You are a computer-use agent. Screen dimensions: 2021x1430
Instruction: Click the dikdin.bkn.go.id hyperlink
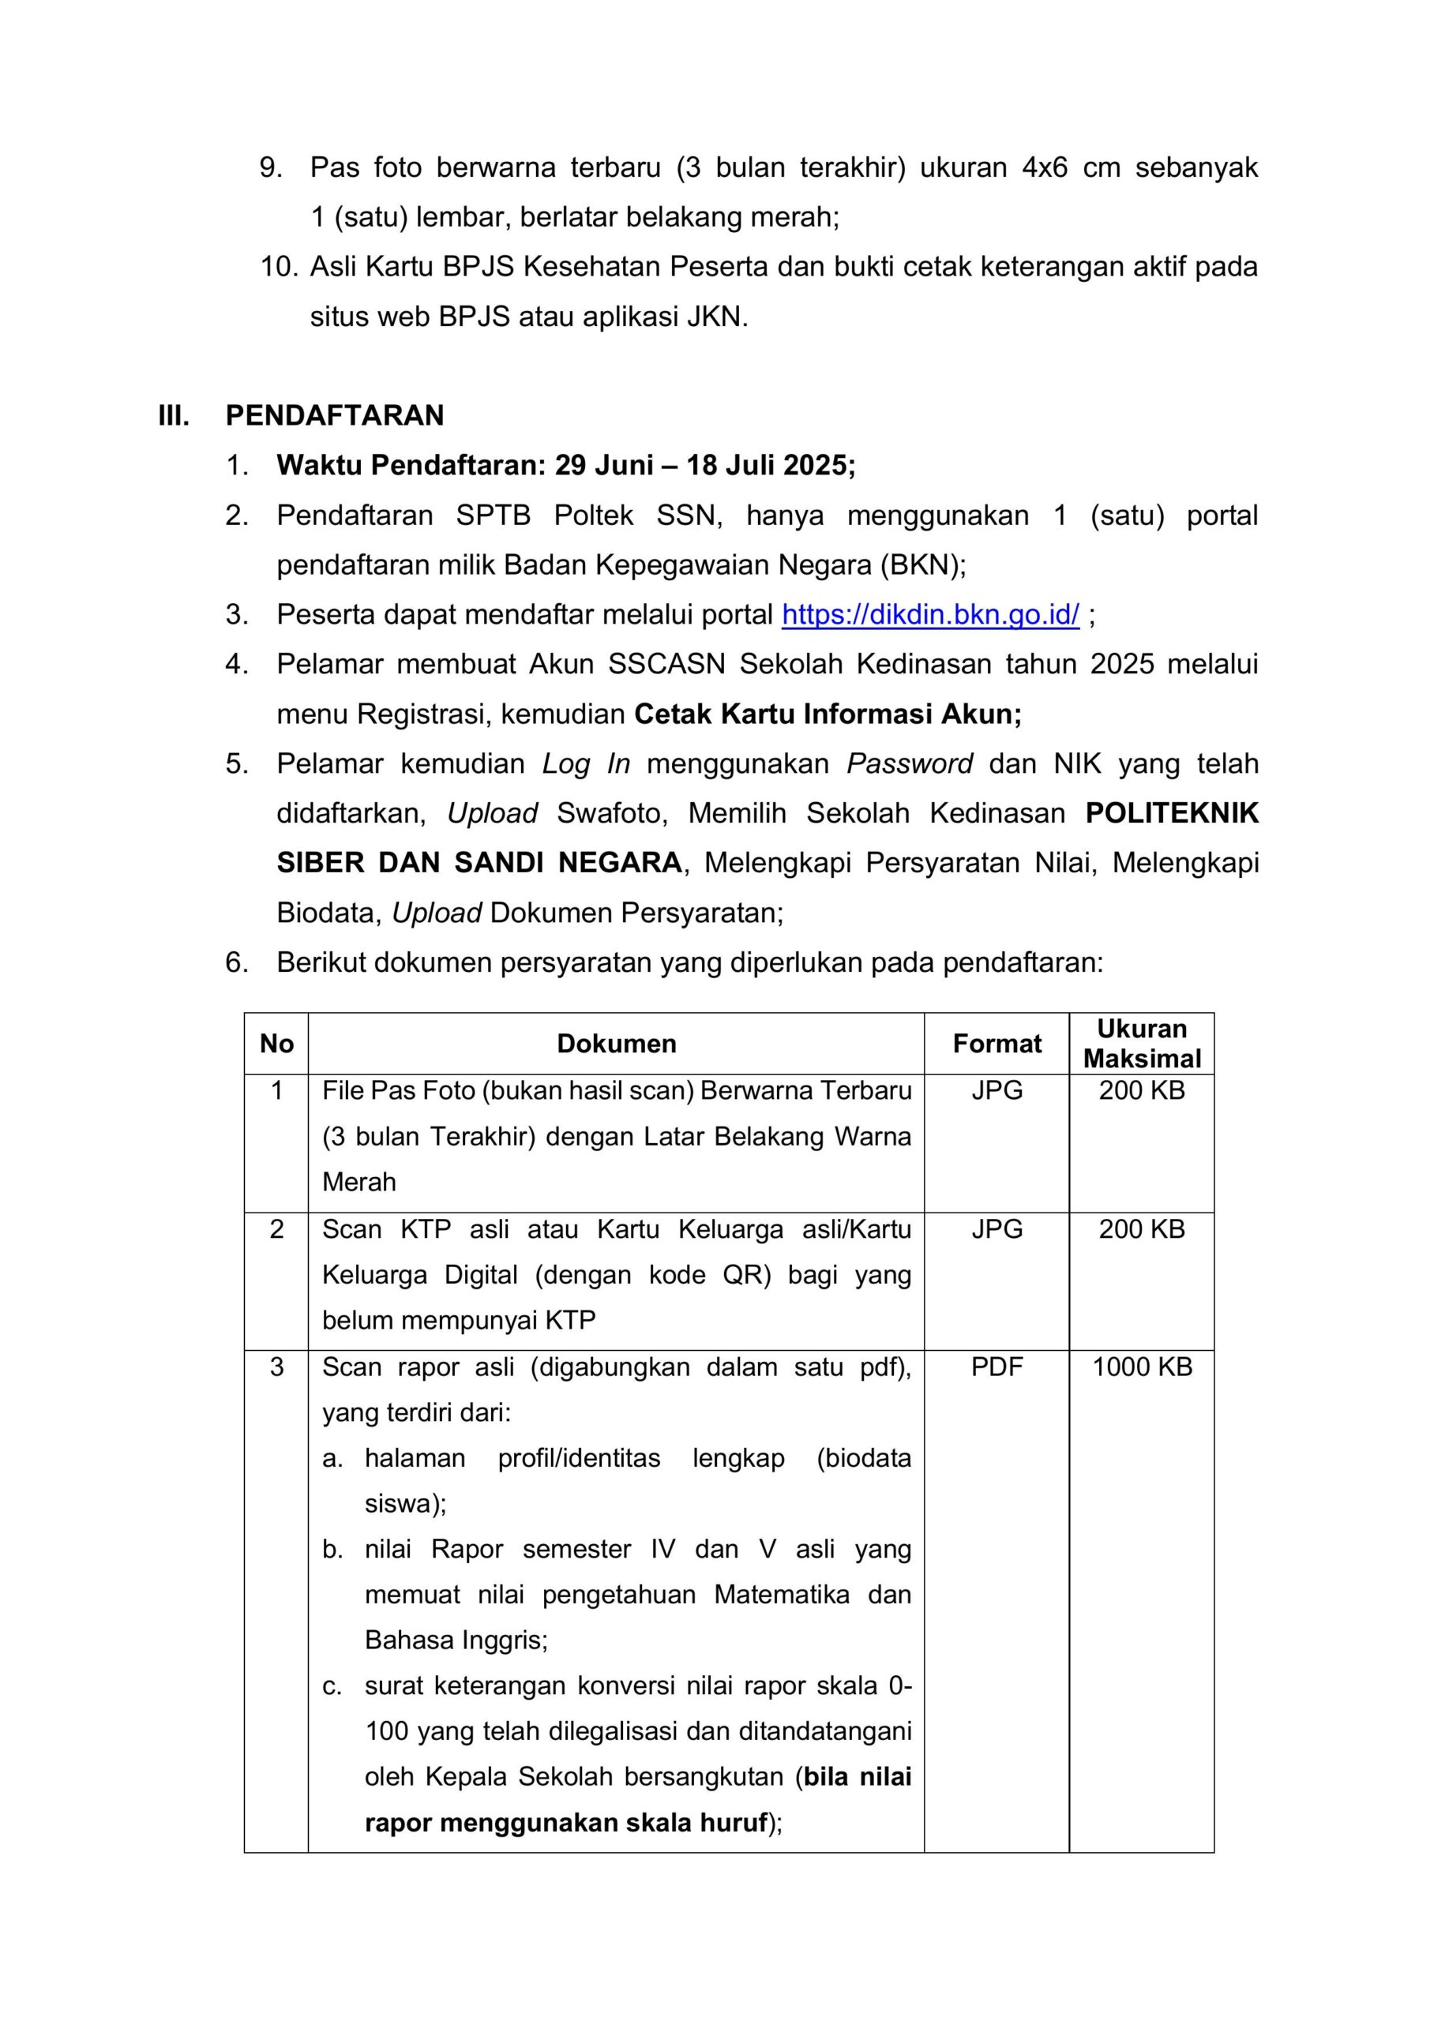pyautogui.click(x=930, y=614)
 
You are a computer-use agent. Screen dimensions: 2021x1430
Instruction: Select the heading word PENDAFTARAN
pyautogui.click(x=335, y=415)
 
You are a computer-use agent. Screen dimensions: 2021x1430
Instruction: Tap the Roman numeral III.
pyautogui.click(x=174, y=415)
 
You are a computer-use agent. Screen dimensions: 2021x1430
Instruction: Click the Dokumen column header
pyautogui.click(x=617, y=1044)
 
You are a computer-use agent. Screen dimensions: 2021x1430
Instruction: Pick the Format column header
pyautogui.click(x=996, y=1044)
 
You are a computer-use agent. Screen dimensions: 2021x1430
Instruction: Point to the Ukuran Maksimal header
pyautogui.click(x=1142, y=1044)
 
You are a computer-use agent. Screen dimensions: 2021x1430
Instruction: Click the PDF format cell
pyautogui.click(x=996, y=1367)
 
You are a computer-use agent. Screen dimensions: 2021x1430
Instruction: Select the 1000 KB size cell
pyautogui.click(x=1142, y=1367)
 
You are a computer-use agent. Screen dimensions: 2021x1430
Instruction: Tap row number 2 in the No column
pyautogui.click(x=276, y=1229)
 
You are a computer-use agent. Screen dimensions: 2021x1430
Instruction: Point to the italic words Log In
pyautogui.click(x=587, y=764)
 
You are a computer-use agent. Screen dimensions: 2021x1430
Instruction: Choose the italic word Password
pyautogui.click(x=910, y=764)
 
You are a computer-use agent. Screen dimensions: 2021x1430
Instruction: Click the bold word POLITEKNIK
pyautogui.click(x=1172, y=813)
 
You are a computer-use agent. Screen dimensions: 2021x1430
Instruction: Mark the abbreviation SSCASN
pyautogui.click(x=666, y=664)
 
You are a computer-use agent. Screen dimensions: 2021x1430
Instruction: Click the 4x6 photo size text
pyautogui.click(x=1045, y=167)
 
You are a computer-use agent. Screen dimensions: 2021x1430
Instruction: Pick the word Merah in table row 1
pyautogui.click(x=359, y=1182)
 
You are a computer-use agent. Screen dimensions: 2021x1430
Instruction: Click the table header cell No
pyautogui.click(x=276, y=1044)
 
